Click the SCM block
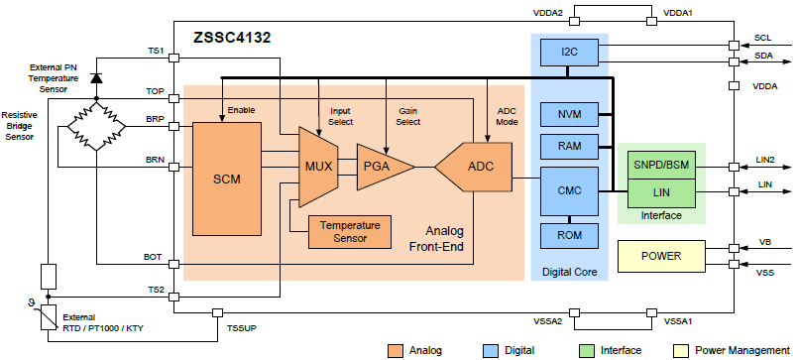pyautogui.click(x=227, y=179)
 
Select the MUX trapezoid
pyautogui.click(x=317, y=167)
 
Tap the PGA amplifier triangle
pyautogui.click(x=381, y=167)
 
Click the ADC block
pyautogui.click(x=475, y=167)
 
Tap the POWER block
pyautogui.click(x=661, y=255)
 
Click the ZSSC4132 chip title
pyautogui.click(x=233, y=38)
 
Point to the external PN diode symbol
pyautogui.click(x=95, y=77)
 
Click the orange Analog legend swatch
pyautogui.click(x=395, y=350)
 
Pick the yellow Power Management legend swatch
pyautogui.click(x=681, y=350)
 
